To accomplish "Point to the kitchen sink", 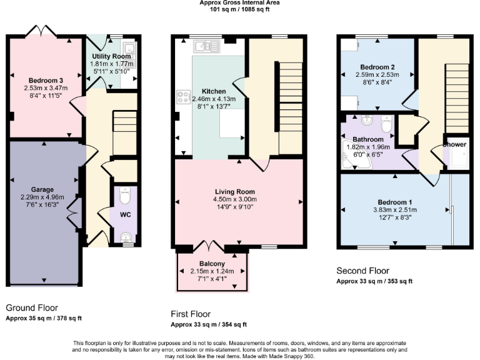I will point(204,46).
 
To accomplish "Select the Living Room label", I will point(238,191).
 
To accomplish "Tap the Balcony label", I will point(213,264).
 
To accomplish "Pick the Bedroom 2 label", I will point(377,67).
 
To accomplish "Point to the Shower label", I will point(454,144).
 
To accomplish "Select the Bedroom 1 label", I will point(394,202).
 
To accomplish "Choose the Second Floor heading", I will point(362,271).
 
